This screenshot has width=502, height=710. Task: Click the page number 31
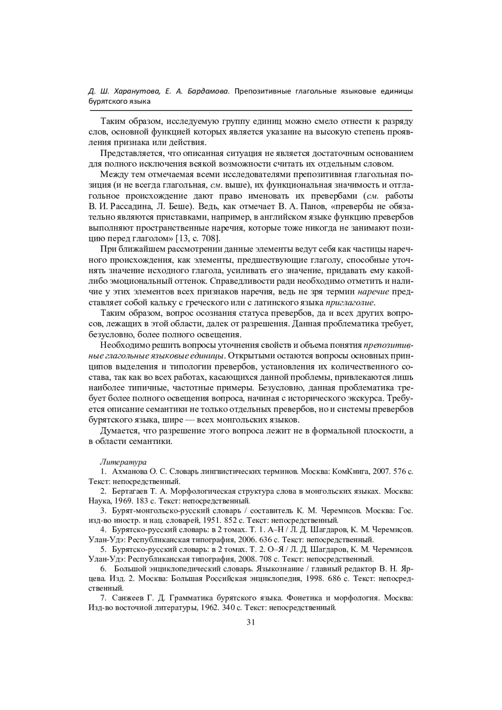251,622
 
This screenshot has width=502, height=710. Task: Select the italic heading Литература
123,462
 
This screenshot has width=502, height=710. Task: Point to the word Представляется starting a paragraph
132,153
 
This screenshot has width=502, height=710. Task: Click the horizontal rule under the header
251,110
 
